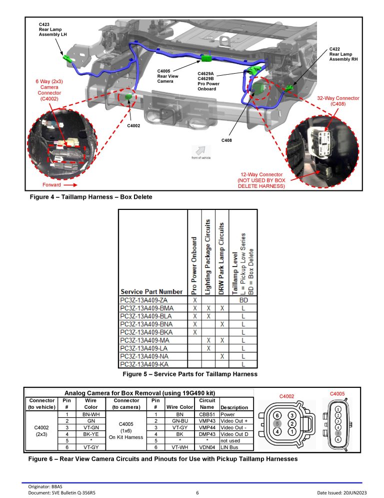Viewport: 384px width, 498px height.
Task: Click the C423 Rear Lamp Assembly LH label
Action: [x=52, y=29]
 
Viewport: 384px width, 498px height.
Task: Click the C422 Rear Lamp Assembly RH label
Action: [x=343, y=54]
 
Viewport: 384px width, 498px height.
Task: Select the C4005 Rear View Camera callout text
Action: [x=167, y=76]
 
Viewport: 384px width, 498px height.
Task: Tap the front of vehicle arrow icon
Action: [x=201, y=150]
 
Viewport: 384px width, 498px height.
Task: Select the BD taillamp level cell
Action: [x=243, y=300]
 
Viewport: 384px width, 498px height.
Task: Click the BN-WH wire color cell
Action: [x=91, y=415]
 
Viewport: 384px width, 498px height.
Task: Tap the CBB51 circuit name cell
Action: [x=206, y=415]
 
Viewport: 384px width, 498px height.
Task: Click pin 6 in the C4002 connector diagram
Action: [x=276, y=415]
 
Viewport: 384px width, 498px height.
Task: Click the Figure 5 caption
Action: [x=190, y=374]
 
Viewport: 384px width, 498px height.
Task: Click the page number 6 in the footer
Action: [x=197, y=493]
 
